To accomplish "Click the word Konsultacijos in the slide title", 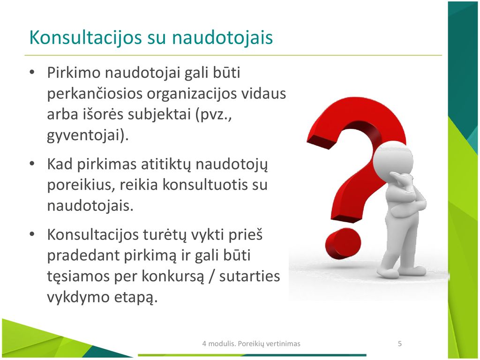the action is point(85,38).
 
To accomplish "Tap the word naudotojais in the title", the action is point(222,37).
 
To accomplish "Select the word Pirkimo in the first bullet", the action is point(74,73).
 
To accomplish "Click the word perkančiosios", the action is point(95,94).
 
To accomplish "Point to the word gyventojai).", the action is point(88,135).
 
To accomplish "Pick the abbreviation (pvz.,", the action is point(214,114).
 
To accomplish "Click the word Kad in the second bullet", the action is point(60,164).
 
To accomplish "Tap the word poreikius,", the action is point(81,185).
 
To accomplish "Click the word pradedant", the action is point(83,255).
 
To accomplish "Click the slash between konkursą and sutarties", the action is point(211,276).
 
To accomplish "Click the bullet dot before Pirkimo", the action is point(32,73).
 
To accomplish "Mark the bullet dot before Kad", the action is point(32,164).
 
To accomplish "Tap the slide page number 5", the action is point(399,344).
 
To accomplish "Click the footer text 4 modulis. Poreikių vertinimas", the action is point(251,344).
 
